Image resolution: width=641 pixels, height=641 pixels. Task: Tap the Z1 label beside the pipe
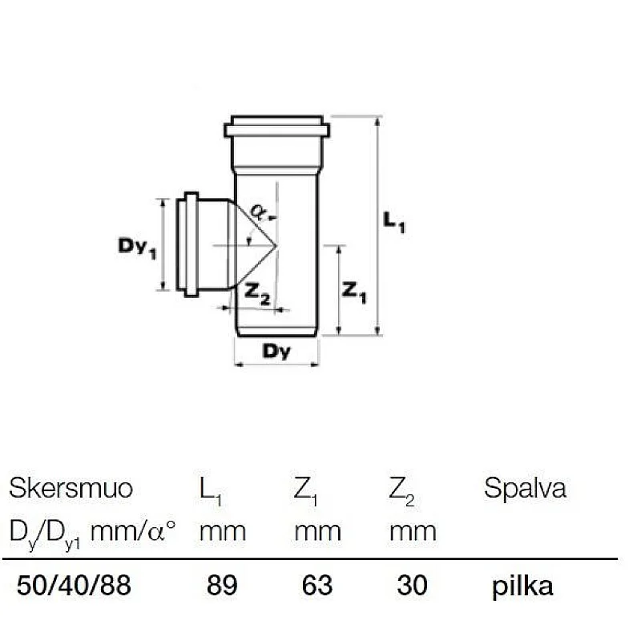(353, 292)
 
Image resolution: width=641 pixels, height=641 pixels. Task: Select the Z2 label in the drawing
(257, 296)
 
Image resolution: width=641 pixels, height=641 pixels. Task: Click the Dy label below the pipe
(276, 350)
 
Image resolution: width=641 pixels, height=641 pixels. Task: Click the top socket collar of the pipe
(276, 128)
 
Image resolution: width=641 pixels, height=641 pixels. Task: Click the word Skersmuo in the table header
(71, 488)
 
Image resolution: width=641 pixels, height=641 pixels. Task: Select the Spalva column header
(525, 488)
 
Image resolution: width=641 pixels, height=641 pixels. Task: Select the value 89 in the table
(222, 586)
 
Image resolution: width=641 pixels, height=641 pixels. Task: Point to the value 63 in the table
(316, 586)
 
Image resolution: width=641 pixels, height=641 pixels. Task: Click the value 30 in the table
(413, 586)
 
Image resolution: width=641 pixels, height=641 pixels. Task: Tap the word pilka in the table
(522, 586)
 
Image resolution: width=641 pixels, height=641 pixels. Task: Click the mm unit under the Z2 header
(413, 530)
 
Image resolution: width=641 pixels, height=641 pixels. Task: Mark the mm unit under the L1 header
(222, 530)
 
